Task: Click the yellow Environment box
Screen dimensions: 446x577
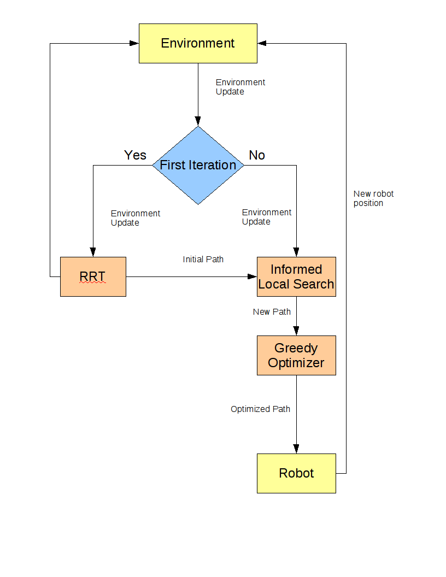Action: pyautogui.click(x=198, y=43)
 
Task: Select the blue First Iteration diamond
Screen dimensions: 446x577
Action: pyautogui.click(x=198, y=165)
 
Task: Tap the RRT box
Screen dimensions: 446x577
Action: pyautogui.click(x=93, y=276)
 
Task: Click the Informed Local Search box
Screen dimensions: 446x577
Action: pyautogui.click(x=296, y=276)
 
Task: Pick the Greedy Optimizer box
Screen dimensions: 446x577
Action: pyautogui.click(x=296, y=356)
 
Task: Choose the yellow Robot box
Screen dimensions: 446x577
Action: pyautogui.click(x=296, y=473)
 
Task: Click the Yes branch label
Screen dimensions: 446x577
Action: pyautogui.click(x=135, y=155)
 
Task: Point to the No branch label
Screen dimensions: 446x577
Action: pyautogui.click(x=257, y=155)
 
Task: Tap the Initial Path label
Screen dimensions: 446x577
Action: pyautogui.click(x=203, y=260)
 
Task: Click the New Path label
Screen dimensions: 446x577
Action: pyautogui.click(x=272, y=311)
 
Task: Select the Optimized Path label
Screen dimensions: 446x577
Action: pyautogui.click(x=260, y=409)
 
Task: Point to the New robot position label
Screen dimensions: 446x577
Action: pyautogui.click(x=373, y=198)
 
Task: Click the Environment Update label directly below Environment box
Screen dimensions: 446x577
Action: pyautogui.click(x=240, y=87)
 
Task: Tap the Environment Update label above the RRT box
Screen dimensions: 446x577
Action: pyautogui.click(x=136, y=218)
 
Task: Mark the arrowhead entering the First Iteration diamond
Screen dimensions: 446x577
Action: pyautogui.click(x=198, y=121)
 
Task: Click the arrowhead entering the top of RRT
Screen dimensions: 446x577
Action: pyautogui.click(x=93, y=252)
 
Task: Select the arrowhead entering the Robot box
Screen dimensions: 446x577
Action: pyautogui.click(x=296, y=449)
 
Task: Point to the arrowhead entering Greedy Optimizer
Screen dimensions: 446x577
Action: pyautogui.click(x=296, y=331)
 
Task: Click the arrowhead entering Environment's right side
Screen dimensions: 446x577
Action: pyautogui.click(x=262, y=43)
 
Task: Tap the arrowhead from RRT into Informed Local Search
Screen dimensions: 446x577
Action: pyautogui.click(x=252, y=276)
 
